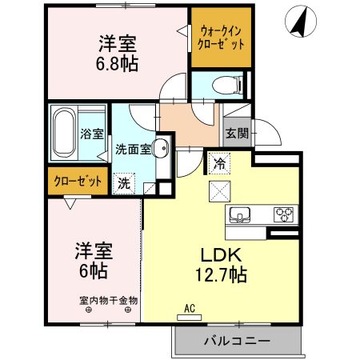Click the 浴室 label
92,134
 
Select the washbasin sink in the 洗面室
160,148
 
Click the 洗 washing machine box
124,182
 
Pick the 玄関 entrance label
235,134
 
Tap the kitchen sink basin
241,214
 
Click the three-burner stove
284,214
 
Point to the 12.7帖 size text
219,276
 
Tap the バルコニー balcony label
235,342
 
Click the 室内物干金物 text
109,301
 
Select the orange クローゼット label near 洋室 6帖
78,181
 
